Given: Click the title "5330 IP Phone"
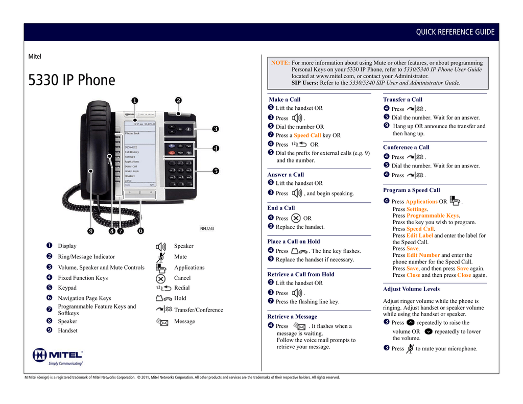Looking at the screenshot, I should (71, 80).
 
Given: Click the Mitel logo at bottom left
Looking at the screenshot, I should (58, 356).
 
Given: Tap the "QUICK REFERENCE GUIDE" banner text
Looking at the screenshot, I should (455, 32).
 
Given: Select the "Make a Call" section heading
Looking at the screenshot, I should (284, 100).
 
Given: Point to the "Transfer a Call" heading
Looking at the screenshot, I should (402, 100).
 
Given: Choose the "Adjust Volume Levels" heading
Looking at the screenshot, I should (411, 289).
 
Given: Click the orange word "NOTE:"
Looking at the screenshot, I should (280, 63).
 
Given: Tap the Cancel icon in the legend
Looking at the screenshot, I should (161, 278).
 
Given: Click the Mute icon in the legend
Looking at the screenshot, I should (161, 257).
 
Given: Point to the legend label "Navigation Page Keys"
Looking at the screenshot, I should (84, 298).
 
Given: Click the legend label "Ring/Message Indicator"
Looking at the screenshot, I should (86, 257).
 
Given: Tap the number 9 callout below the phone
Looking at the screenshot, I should (90, 231).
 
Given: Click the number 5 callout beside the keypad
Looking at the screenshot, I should (215, 171).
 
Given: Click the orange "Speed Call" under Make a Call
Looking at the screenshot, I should (307, 135).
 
